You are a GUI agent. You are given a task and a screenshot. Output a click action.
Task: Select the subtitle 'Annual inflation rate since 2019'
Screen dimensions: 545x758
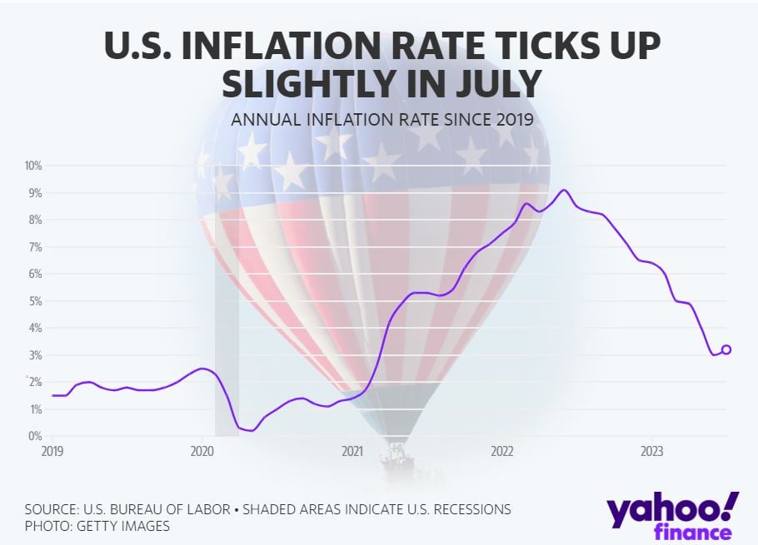pyautogui.click(x=382, y=119)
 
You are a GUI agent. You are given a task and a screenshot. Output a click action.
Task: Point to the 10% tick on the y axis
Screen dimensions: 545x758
pyautogui.click(x=32, y=166)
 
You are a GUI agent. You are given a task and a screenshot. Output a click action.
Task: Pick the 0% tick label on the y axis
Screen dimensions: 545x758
pyautogui.click(x=35, y=436)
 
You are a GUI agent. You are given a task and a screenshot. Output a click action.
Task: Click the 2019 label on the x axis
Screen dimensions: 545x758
pyautogui.click(x=52, y=451)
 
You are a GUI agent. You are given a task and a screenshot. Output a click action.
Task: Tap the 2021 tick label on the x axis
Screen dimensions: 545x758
pyautogui.click(x=352, y=451)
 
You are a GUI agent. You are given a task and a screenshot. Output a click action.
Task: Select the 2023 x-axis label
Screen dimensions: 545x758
pyautogui.click(x=651, y=451)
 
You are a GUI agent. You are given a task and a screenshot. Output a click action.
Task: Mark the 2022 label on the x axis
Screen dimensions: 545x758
pyautogui.click(x=501, y=451)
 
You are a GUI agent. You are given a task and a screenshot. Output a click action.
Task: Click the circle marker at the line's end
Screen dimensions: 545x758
pyautogui.click(x=726, y=349)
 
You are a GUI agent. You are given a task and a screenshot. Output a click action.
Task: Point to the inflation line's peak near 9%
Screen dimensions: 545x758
pyautogui.click(x=564, y=190)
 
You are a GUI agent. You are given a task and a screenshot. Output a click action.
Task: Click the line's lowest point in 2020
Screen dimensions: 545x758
pyautogui.click(x=252, y=430)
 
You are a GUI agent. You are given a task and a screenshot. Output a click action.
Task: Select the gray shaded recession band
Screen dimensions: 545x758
pyautogui.click(x=227, y=333)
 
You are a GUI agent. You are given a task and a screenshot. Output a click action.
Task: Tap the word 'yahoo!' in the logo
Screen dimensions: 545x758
pyautogui.click(x=672, y=509)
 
